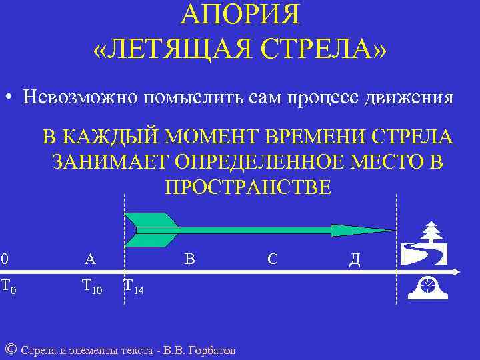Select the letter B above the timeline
tap(189, 259)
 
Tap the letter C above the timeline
tap(273, 259)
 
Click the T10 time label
tap(92, 287)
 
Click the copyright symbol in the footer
tap(10, 349)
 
